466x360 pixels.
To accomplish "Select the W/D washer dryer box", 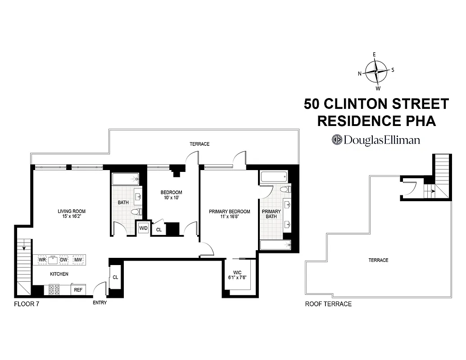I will click(143, 228).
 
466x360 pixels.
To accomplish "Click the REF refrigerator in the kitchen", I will click(78, 290).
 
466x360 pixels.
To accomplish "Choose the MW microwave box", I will click(78, 260).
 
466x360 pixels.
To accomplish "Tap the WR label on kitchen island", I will click(42, 260).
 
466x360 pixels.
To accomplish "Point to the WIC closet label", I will click(238, 272).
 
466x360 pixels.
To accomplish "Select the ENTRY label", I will click(100, 303).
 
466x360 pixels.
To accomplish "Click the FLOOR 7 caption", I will click(27, 303).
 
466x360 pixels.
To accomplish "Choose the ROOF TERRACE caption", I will click(328, 304).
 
